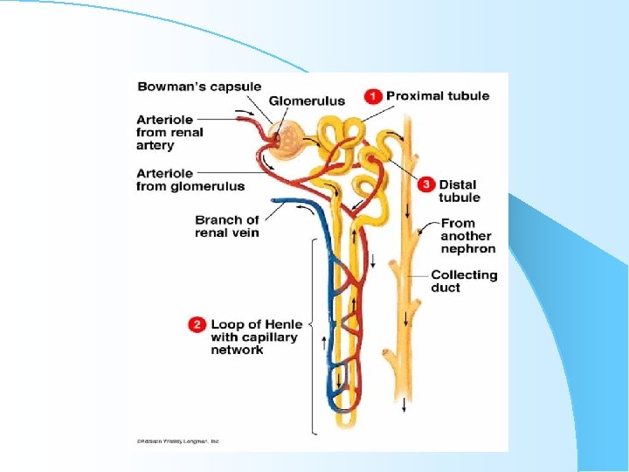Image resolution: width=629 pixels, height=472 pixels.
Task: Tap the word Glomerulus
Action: coord(306,101)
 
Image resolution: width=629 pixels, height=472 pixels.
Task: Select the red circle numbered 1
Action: coord(372,96)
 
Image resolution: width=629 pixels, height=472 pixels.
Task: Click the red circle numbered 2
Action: coord(197,324)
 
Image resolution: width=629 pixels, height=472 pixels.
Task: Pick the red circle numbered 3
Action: coord(425,184)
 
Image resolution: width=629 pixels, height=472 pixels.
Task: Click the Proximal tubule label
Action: coord(438,96)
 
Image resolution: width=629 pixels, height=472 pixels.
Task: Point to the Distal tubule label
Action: coord(459,191)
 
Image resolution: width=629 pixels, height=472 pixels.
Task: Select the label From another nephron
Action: coord(467,236)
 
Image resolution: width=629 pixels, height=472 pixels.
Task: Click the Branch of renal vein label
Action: coord(227,226)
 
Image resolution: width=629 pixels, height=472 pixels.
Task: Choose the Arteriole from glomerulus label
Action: coord(190,179)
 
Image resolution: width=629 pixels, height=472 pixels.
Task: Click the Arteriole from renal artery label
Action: coord(169,132)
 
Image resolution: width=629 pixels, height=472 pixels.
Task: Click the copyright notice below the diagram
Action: coord(177,441)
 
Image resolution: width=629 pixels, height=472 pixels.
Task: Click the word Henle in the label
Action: coord(280,325)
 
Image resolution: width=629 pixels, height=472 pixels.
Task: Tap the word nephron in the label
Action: coord(467,249)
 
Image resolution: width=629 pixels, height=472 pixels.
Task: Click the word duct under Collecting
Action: coord(446,288)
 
